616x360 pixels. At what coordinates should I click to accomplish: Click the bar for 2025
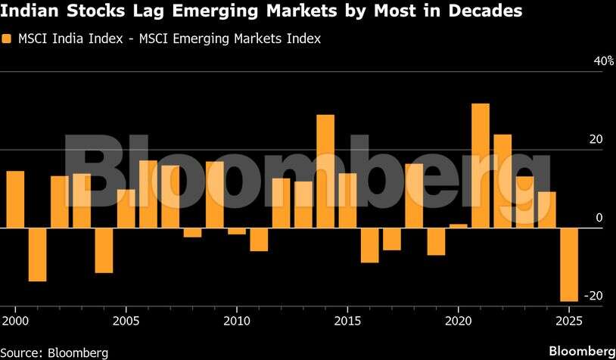click(569, 264)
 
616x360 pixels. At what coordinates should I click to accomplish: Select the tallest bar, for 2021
click(481, 165)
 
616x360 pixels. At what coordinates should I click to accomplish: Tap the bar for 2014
click(325, 171)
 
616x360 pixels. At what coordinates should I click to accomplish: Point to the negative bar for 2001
click(38, 254)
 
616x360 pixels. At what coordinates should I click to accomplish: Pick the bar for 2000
click(15, 199)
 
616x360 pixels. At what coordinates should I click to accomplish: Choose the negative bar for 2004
click(104, 250)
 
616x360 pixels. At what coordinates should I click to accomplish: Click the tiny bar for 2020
click(459, 225)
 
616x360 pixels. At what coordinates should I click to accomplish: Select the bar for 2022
click(502, 181)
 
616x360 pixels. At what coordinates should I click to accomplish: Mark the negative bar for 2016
click(369, 245)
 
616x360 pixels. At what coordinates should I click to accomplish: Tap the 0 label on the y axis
click(599, 219)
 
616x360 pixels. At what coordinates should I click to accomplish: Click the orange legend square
click(7, 39)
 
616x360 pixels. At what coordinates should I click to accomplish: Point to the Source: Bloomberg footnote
click(54, 352)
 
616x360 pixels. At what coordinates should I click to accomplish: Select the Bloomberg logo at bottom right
click(581, 352)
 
